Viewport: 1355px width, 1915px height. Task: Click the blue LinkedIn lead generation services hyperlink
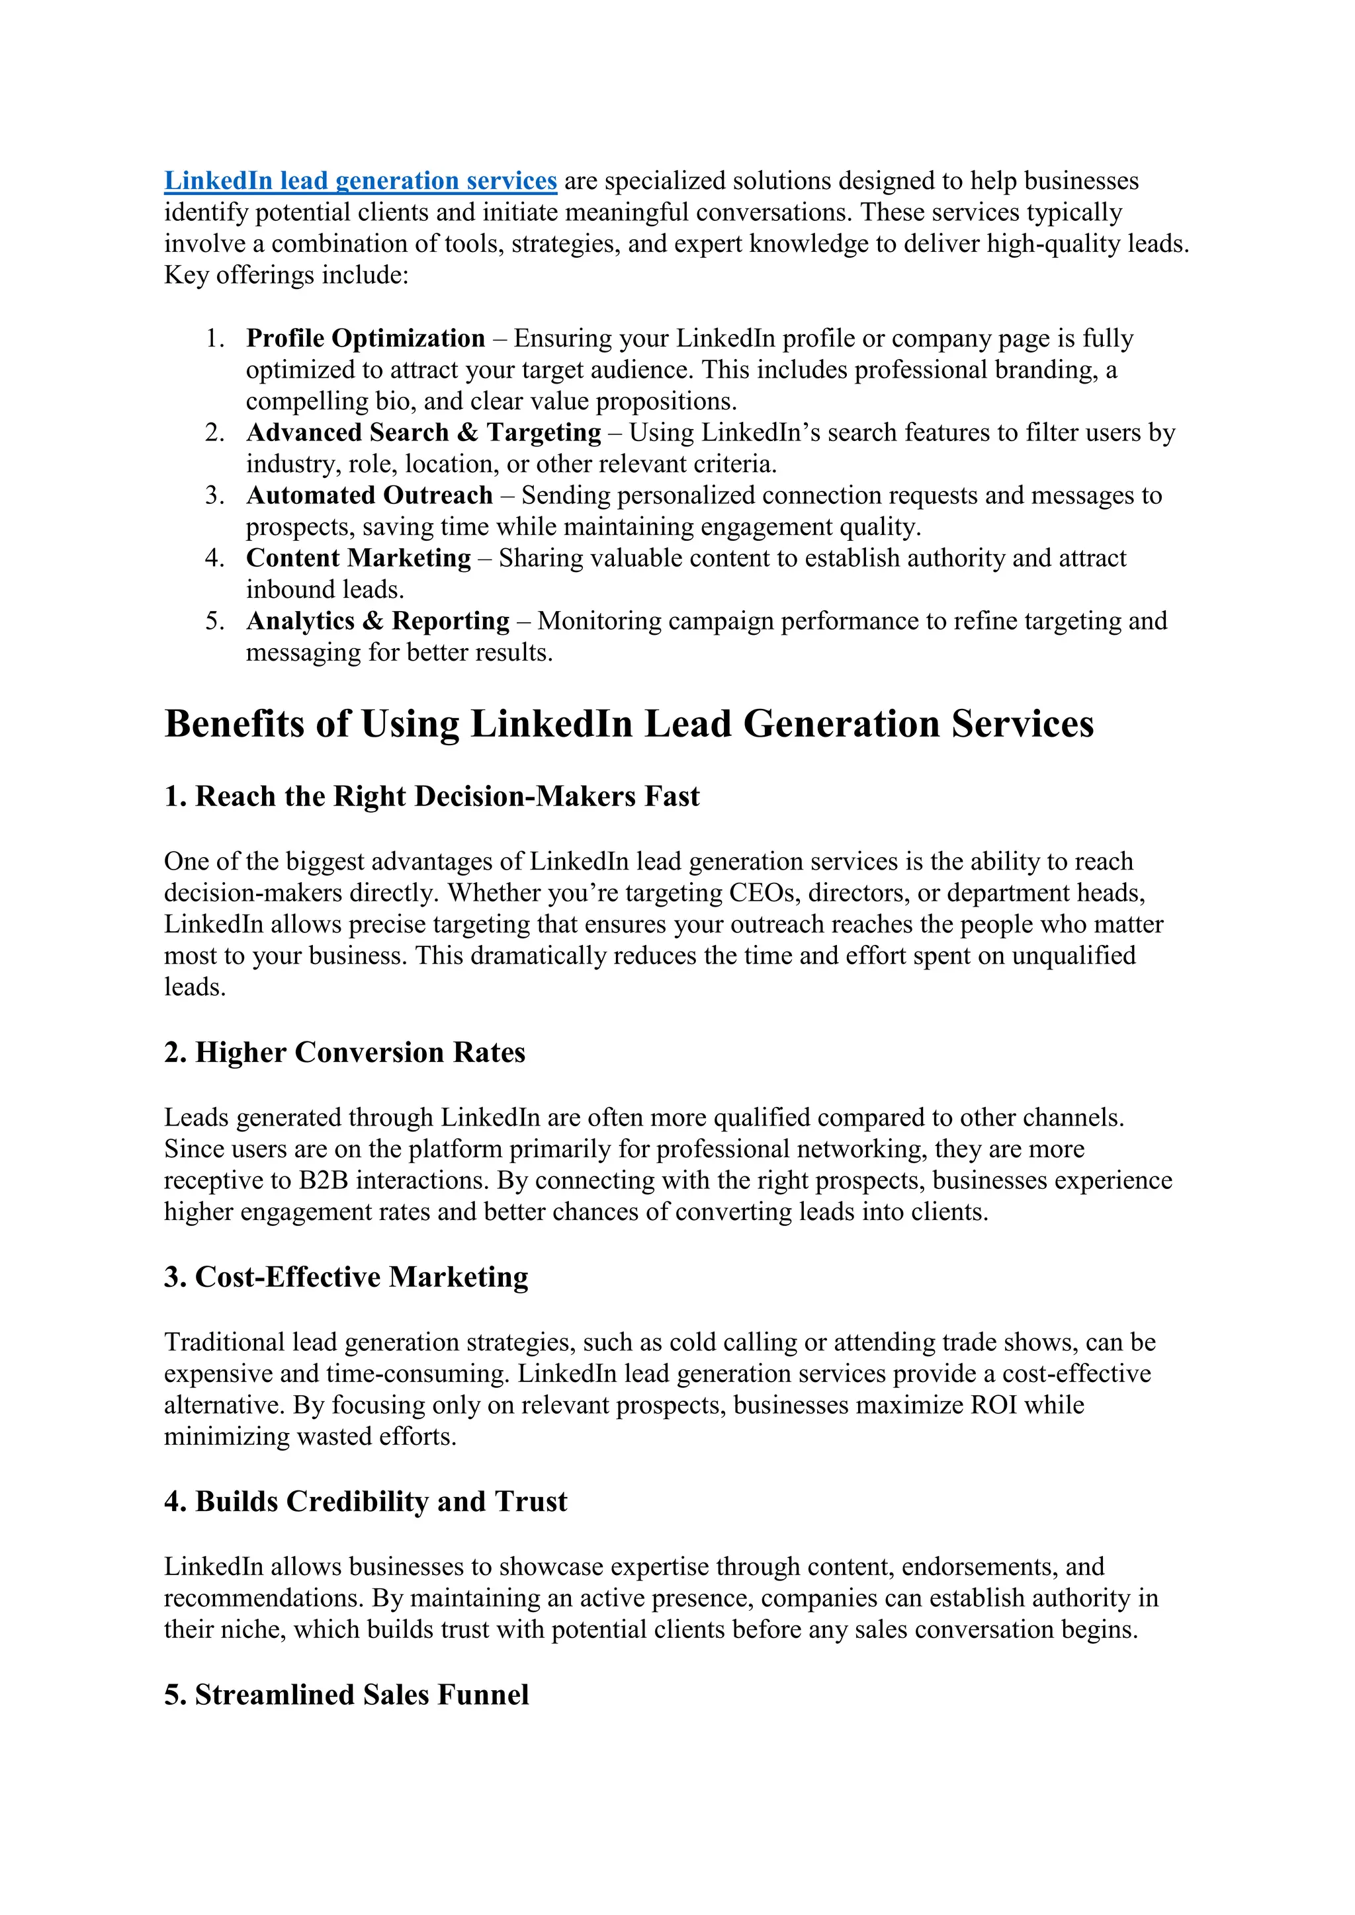click(360, 181)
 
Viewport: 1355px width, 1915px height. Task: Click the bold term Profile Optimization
click(365, 339)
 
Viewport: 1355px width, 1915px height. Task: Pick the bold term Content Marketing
click(358, 558)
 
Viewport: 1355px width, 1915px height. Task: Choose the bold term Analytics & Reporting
click(377, 622)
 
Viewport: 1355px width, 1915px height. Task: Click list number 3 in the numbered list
click(214, 495)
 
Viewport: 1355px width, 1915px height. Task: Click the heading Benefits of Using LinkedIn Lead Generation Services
click(629, 724)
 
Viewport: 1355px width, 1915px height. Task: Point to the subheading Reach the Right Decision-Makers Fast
click(431, 797)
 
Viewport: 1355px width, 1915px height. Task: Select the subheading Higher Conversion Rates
click(344, 1053)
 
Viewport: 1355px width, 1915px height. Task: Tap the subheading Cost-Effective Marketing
click(345, 1277)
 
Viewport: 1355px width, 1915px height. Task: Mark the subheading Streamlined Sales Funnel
click(346, 1695)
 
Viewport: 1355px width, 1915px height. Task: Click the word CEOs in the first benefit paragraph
click(762, 893)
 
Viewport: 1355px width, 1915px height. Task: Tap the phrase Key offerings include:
click(286, 275)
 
